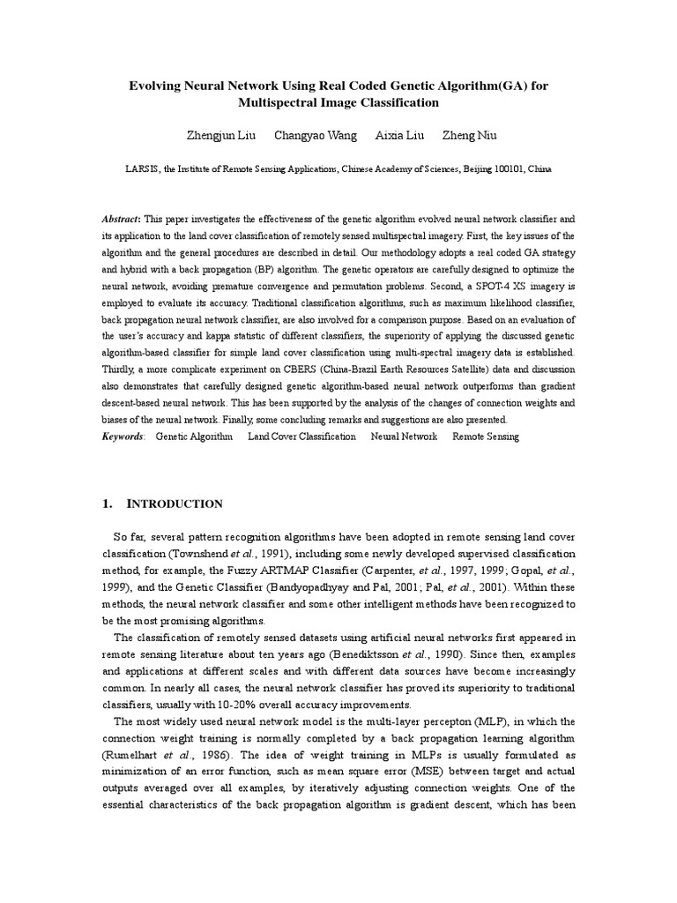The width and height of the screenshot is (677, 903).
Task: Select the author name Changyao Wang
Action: tap(316, 135)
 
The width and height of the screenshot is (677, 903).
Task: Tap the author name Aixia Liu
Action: tap(398, 135)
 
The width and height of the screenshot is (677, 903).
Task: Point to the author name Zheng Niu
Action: tap(469, 135)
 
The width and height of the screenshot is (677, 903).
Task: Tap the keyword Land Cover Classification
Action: tap(301, 437)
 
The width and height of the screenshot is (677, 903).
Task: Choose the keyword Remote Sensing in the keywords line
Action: tap(486, 437)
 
